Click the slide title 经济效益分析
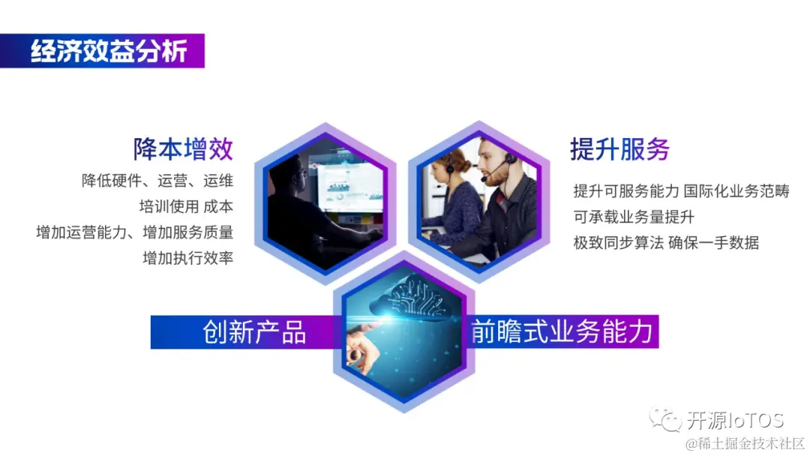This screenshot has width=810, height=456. (x=108, y=52)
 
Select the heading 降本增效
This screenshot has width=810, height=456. (x=183, y=148)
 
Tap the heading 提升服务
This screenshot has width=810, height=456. (x=619, y=148)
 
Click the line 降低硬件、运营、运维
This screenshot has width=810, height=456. (x=157, y=181)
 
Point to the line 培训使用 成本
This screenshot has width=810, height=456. (x=186, y=206)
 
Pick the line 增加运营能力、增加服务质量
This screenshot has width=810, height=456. (x=135, y=232)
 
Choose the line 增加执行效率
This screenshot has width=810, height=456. (x=188, y=258)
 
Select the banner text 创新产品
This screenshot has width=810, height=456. (x=254, y=331)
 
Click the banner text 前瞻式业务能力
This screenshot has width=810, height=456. (x=562, y=331)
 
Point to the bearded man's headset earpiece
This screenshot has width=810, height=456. (x=509, y=159)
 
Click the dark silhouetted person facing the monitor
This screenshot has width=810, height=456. (x=296, y=210)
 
